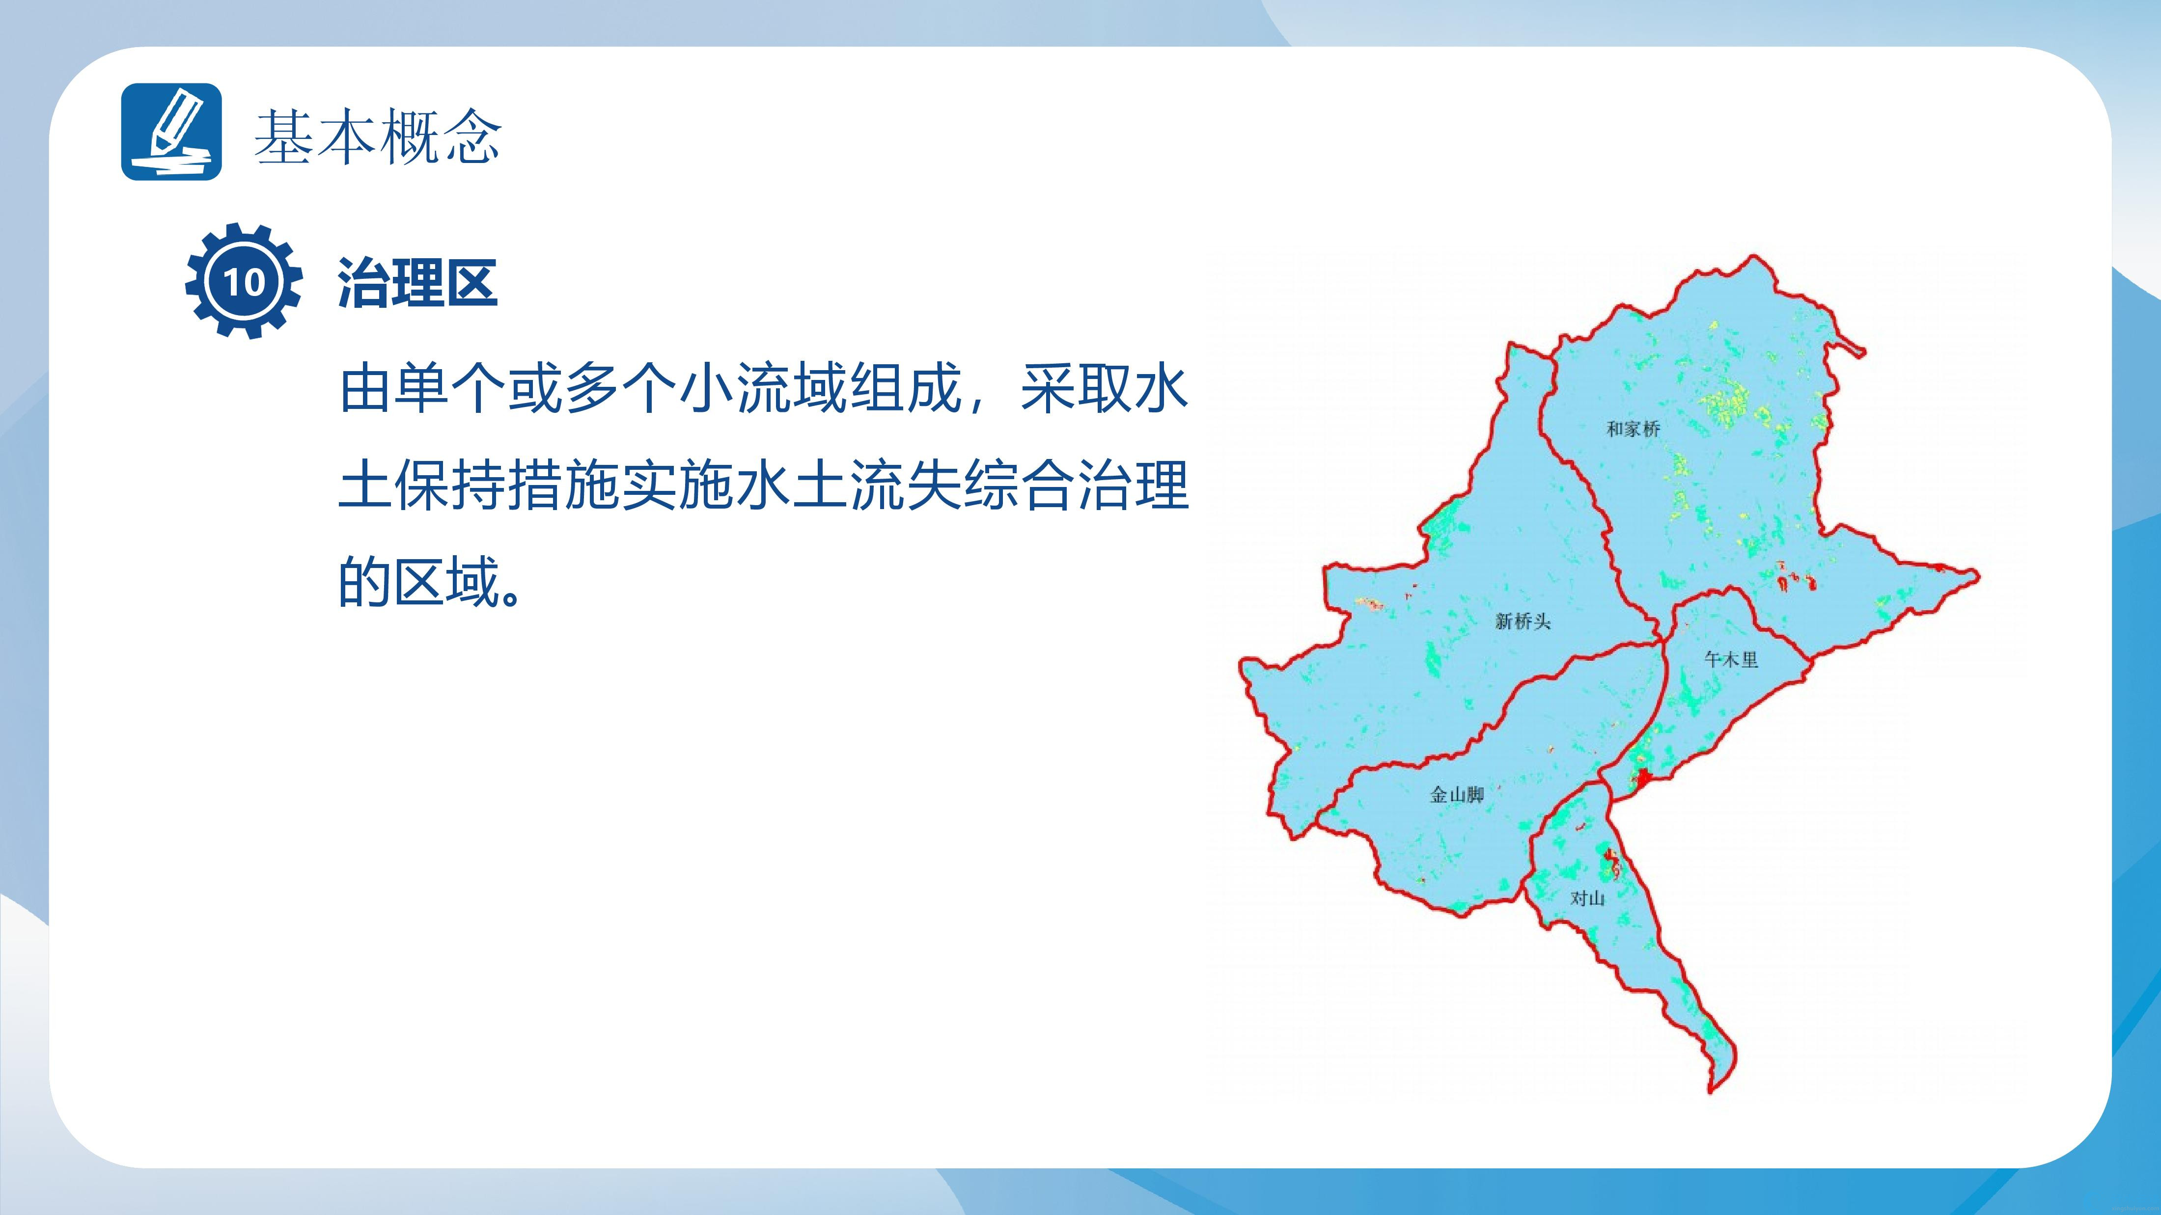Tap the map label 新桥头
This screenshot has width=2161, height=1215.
[x=1523, y=621]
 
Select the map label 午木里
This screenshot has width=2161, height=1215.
[x=1731, y=660]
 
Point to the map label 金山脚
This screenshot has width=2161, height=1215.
[x=1457, y=795]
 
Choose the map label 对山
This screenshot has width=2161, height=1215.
[x=1587, y=898]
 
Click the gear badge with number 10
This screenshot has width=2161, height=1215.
[x=243, y=281]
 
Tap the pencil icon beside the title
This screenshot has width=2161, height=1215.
[x=172, y=132]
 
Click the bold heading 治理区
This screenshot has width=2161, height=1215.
[x=418, y=283]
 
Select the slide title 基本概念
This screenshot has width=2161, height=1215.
[x=378, y=136]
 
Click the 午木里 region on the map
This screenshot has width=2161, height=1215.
[x=1711, y=704]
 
